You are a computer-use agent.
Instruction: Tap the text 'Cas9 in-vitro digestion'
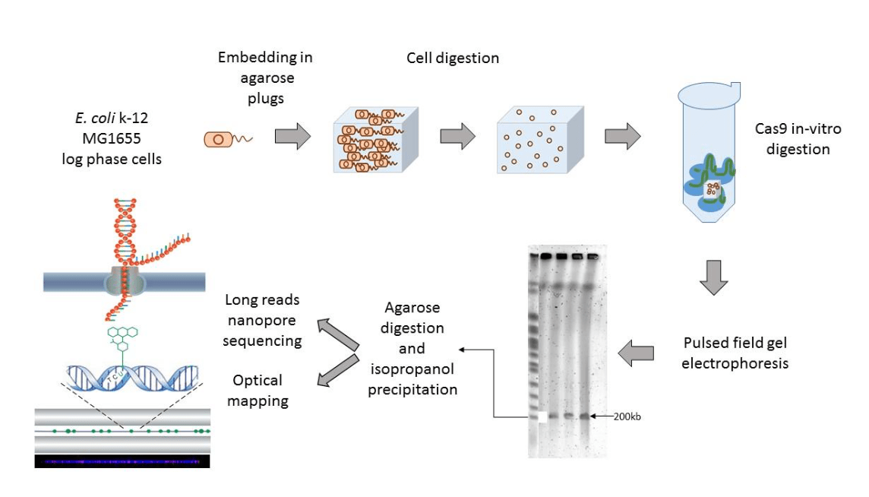798,139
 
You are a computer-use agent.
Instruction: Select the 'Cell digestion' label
453,59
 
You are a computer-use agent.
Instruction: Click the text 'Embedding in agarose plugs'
265,78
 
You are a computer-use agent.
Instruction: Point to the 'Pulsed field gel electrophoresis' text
735,353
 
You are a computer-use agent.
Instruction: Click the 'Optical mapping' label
258,390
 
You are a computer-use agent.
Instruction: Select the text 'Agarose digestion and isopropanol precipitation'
412,349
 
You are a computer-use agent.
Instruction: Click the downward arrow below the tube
713,278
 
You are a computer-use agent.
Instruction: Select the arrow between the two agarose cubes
457,138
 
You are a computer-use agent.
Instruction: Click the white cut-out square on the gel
542,417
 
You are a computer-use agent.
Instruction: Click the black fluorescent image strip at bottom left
122,461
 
